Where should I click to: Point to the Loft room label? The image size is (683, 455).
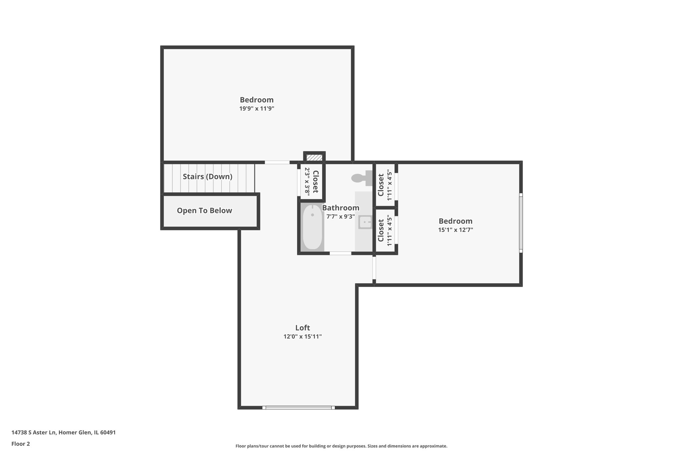pyautogui.click(x=302, y=328)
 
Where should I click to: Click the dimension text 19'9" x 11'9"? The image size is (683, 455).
pyautogui.click(x=256, y=109)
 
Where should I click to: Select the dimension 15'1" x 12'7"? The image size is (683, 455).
pyautogui.click(x=455, y=230)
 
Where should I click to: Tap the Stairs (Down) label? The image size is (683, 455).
pyautogui.click(x=207, y=177)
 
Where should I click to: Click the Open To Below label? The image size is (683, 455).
pyautogui.click(x=204, y=211)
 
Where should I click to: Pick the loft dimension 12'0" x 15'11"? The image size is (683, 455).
pyautogui.click(x=302, y=337)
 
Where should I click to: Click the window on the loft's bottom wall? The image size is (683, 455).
pyautogui.click(x=298, y=407)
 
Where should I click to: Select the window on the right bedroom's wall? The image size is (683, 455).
pyautogui.click(x=521, y=223)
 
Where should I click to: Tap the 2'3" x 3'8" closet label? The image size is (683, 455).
pyautogui.click(x=311, y=181)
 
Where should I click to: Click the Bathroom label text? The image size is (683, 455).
pyautogui.click(x=340, y=208)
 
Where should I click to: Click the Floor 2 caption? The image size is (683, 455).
pyautogui.click(x=21, y=444)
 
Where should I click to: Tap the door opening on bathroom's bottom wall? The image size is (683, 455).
pyautogui.click(x=340, y=253)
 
